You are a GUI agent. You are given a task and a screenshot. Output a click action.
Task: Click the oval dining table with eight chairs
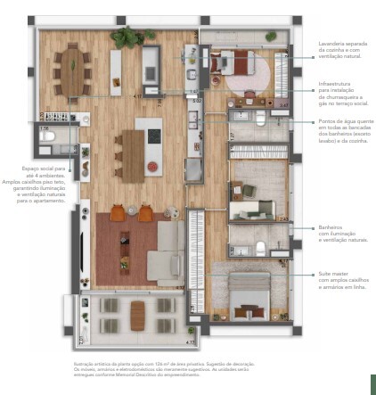[71, 70]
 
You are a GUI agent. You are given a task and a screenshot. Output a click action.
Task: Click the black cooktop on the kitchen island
[153, 136]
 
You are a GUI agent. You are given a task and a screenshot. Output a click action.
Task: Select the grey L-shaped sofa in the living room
[167, 251]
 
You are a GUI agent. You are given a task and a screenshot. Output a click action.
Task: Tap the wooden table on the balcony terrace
[137, 314]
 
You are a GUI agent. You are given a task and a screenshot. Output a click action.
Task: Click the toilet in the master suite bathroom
[260, 247]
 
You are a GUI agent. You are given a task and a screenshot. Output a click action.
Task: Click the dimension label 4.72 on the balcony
[190, 342]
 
